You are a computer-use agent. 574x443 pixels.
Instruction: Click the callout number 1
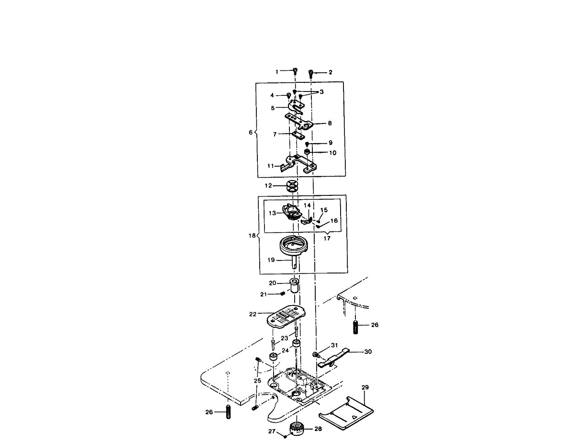click(x=276, y=71)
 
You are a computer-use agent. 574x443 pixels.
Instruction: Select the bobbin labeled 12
click(x=293, y=186)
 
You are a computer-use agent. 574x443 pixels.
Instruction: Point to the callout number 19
click(x=271, y=260)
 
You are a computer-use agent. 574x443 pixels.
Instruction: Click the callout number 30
click(x=368, y=352)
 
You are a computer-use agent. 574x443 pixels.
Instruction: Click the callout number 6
click(x=250, y=132)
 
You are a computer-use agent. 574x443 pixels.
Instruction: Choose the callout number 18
click(x=252, y=236)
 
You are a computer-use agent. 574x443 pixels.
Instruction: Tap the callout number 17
click(x=327, y=238)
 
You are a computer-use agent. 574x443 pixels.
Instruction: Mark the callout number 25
click(x=257, y=381)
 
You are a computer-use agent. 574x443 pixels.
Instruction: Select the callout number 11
click(x=271, y=166)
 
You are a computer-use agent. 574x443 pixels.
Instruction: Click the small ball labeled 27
click(x=285, y=436)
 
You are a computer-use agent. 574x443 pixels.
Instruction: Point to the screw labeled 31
click(x=316, y=354)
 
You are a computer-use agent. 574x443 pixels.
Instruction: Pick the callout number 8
click(x=330, y=123)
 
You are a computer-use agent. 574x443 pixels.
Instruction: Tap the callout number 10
click(x=332, y=153)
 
